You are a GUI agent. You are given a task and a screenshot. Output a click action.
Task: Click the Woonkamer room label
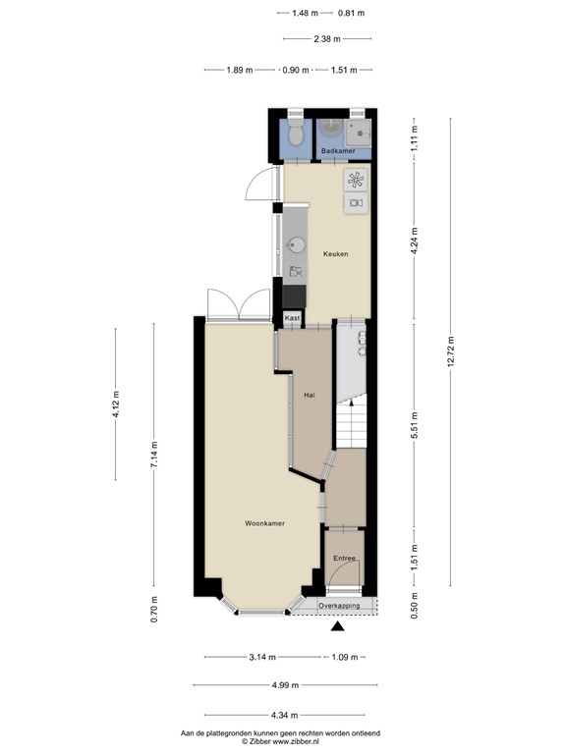point(264,524)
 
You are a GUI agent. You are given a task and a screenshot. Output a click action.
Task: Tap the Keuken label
point(336,254)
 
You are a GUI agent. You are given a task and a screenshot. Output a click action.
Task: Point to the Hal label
point(309,396)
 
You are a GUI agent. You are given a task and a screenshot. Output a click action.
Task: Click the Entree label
point(344,558)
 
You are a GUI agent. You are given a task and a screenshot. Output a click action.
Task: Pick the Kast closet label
point(292,319)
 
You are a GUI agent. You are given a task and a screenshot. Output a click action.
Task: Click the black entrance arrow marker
point(339,626)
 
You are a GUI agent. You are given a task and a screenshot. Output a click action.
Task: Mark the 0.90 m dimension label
point(296,70)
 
